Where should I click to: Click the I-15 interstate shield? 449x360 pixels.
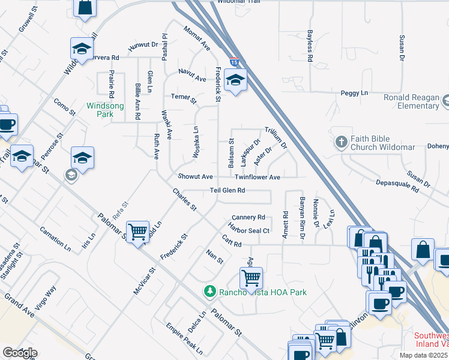coord(234,62)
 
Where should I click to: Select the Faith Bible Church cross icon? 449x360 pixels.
coord(342,142)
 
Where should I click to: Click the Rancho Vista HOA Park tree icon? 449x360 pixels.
coord(209,292)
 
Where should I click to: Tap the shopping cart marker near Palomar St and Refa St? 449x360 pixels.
coord(138,231)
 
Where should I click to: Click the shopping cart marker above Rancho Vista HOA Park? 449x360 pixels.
coord(250,277)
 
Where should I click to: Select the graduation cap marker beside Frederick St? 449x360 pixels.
coord(236,80)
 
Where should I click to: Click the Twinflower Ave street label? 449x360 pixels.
coord(258,178)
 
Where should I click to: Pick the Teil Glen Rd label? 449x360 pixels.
coord(227,191)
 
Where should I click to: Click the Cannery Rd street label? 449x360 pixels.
coord(248,217)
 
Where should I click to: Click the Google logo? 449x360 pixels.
coord(20,353)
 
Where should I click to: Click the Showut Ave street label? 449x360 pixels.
coord(195,177)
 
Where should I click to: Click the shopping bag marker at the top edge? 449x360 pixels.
coord(85,7)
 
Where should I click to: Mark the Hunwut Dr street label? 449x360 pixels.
coord(142,44)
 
